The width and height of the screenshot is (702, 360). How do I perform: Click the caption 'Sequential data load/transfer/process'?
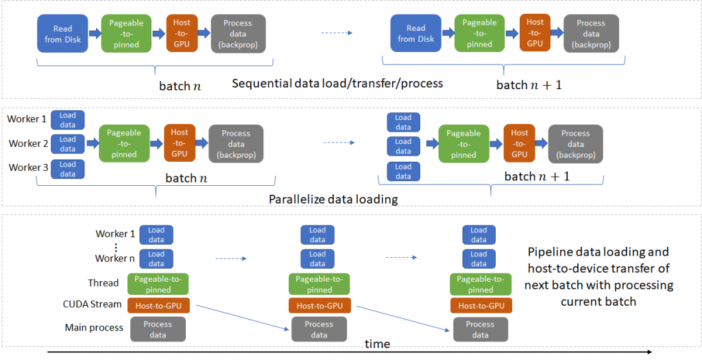337,84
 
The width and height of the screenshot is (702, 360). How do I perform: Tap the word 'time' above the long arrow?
377,344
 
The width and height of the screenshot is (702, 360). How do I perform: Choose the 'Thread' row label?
103,283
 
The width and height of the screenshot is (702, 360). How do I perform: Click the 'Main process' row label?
94,327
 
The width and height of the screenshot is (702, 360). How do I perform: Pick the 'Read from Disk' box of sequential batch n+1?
416,34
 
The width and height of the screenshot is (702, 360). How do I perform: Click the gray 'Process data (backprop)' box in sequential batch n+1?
591,34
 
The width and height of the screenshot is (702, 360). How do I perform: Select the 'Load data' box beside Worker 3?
68,169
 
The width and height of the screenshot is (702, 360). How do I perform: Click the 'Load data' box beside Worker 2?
68,144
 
